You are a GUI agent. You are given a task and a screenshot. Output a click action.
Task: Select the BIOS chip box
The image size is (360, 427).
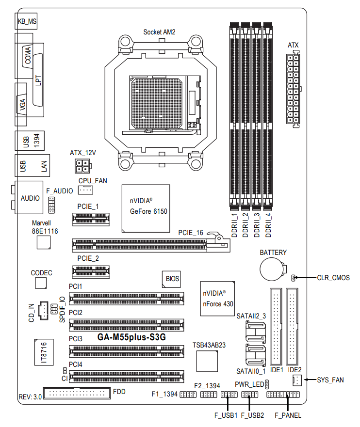point(171,279)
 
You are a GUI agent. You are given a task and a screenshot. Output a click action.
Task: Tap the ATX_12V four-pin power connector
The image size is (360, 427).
point(83,166)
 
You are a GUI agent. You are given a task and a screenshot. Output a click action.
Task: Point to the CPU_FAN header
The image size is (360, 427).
point(85,190)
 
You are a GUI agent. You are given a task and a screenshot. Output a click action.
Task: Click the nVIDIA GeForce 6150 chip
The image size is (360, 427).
point(146,208)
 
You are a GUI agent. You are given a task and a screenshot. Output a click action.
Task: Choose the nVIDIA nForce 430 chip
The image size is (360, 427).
point(217,299)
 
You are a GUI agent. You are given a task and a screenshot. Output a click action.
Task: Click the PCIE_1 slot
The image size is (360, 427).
point(91,219)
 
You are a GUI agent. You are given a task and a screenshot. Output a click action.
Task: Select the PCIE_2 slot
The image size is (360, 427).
point(91,272)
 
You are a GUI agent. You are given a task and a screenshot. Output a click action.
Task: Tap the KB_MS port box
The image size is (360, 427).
point(26,21)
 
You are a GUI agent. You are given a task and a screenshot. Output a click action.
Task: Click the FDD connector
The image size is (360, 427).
point(77,393)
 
